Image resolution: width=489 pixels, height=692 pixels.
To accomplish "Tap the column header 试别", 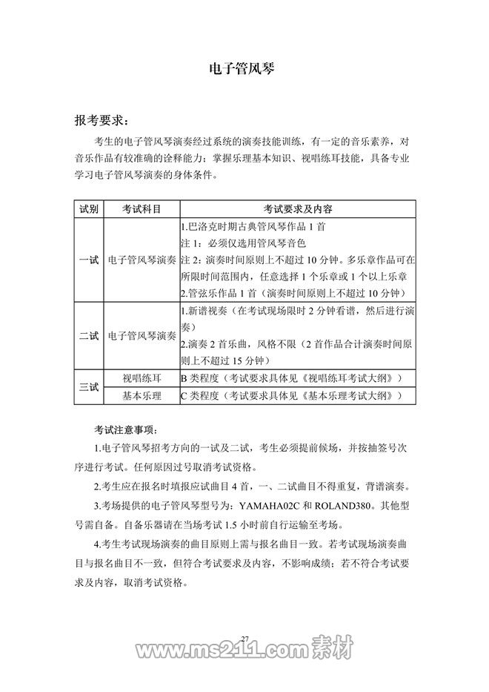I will pyautogui.click(x=89, y=209).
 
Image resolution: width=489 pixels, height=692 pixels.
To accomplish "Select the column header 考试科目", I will pyautogui.click(x=141, y=209).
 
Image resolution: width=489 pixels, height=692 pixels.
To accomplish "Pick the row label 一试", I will pyautogui.click(x=89, y=260).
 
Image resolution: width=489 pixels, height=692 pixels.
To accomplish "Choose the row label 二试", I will pyautogui.click(x=89, y=335).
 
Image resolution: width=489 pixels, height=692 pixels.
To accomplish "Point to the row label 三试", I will pyautogui.click(x=89, y=387).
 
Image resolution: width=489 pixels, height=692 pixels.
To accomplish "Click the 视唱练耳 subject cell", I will pyautogui.click(x=141, y=378).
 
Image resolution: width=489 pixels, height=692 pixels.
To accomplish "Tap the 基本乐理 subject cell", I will pyautogui.click(x=141, y=396).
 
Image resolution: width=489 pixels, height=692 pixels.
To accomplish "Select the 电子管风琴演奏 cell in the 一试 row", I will pyautogui.click(x=141, y=260).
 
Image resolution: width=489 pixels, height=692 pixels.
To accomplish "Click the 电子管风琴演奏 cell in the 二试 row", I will pyautogui.click(x=141, y=335).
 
